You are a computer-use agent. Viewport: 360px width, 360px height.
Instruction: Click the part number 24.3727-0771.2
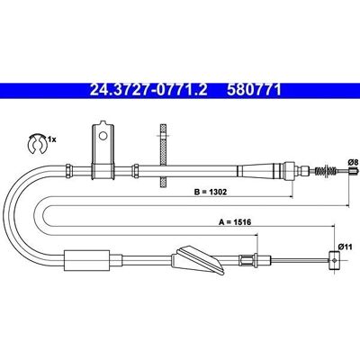148,90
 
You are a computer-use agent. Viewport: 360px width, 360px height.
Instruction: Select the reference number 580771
254,90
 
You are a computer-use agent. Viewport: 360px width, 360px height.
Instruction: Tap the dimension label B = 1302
211,192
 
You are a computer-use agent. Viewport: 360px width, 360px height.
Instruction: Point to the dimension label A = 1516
235,222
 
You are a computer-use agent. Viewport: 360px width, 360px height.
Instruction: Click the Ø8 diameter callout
354,162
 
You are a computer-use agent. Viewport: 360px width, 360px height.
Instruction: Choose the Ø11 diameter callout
345,247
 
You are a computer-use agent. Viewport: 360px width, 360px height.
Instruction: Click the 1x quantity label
52,139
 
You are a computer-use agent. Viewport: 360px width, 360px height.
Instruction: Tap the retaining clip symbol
37,144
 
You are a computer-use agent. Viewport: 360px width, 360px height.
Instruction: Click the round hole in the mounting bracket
103,136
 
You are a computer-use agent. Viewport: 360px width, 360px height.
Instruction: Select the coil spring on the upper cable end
325,171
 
